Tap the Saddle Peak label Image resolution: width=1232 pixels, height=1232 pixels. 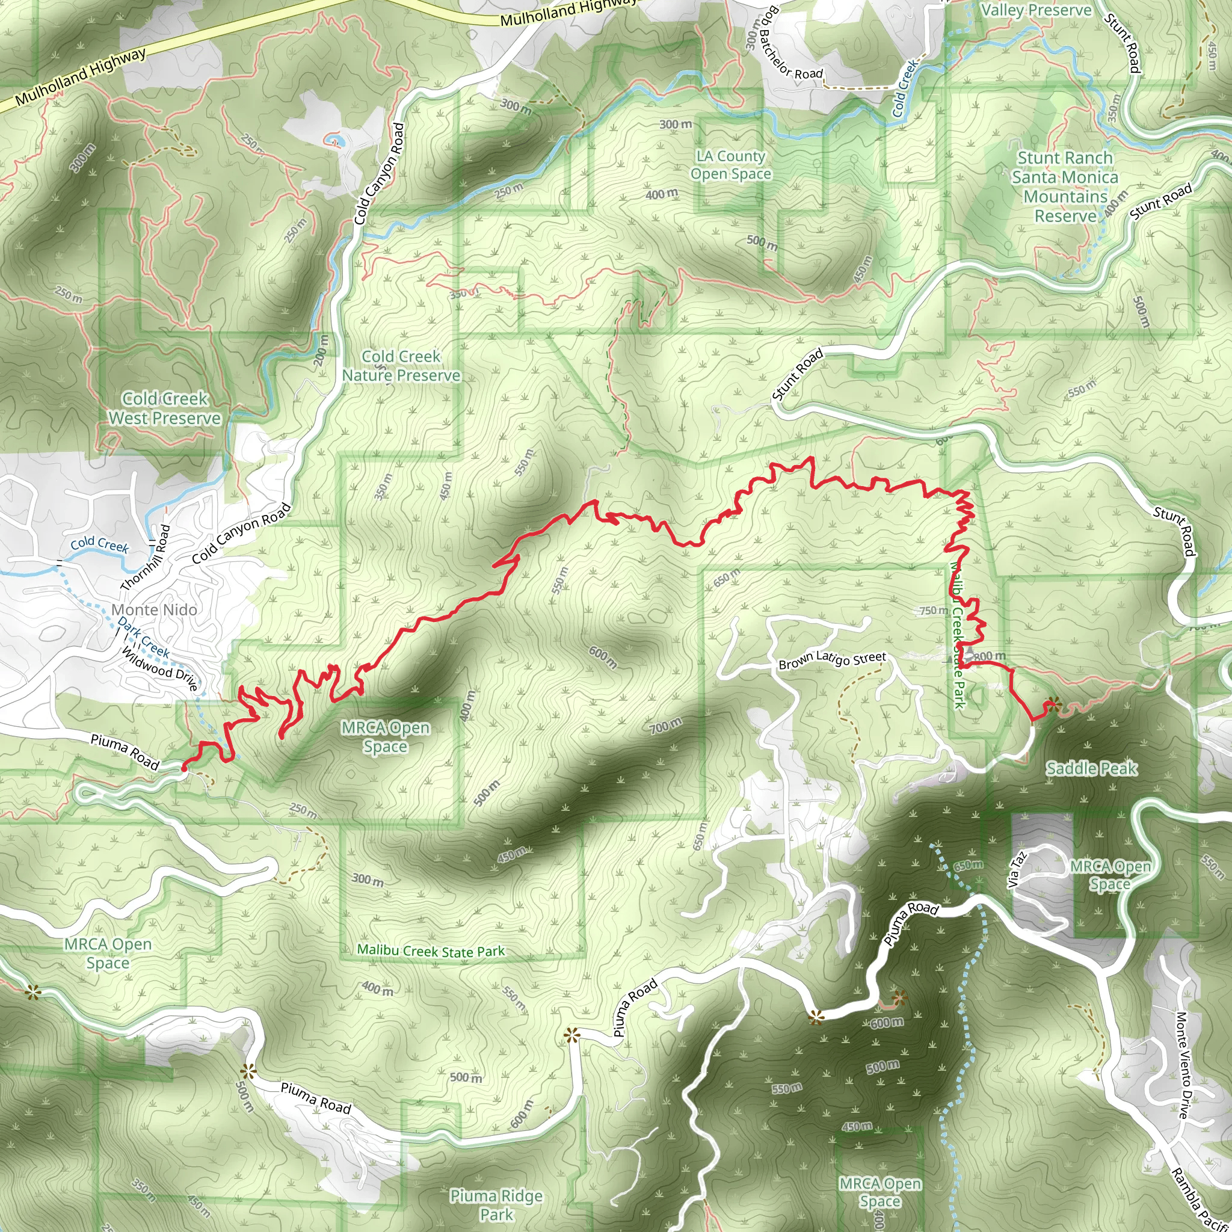[x=1091, y=768]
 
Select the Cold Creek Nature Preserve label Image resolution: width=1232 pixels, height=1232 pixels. [x=401, y=365]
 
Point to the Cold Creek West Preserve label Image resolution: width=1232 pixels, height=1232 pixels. [x=165, y=408]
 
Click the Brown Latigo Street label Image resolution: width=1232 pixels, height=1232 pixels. [x=832, y=660]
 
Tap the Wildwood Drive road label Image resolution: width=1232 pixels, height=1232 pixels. [x=159, y=669]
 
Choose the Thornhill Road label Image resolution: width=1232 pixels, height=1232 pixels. [x=146, y=557]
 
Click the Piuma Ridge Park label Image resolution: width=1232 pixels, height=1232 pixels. [x=496, y=1204]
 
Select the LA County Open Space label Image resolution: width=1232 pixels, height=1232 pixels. [x=731, y=165]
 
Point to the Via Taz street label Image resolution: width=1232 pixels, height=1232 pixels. [x=1017, y=870]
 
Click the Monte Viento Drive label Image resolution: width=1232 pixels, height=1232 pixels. [x=1181, y=1064]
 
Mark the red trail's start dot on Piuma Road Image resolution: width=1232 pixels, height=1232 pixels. [x=183, y=769]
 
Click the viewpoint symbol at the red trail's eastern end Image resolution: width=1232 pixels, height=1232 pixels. [x=1053, y=704]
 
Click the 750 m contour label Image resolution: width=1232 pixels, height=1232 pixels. [x=934, y=610]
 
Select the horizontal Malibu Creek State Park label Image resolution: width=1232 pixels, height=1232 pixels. [x=431, y=951]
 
